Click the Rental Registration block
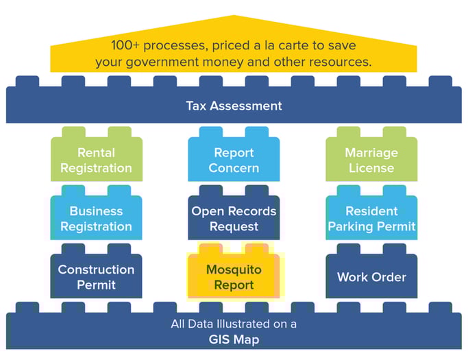pos(96,160)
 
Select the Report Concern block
pos(234,160)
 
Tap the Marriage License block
pos(371,160)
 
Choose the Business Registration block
pos(96,219)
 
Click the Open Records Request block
pos(234,219)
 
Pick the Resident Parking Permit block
pos(371,219)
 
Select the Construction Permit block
pos(96,277)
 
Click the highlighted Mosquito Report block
pos(234,277)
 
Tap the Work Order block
pos(371,277)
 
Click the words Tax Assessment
pos(234,106)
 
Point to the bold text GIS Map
pos(234,338)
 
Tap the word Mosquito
pos(234,269)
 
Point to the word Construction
pos(96,269)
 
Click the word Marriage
pos(371,153)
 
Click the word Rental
pos(96,153)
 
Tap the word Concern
pos(234,168)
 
